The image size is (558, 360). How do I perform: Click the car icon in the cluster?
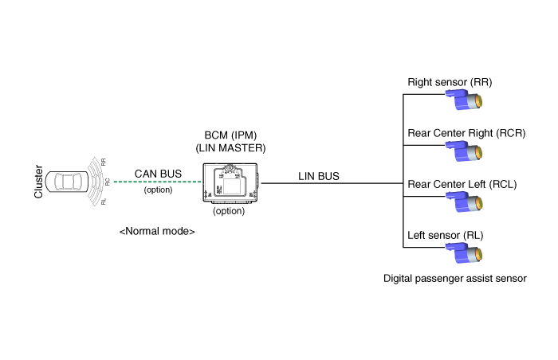pos(69,182)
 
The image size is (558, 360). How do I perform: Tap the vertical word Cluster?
pos(37,182)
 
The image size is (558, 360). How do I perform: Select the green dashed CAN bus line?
pos(157,182)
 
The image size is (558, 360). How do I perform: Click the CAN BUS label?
pos(157,173)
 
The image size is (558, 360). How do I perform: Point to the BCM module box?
pos(231,183)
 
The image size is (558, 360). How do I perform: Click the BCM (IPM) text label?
pos(231,135)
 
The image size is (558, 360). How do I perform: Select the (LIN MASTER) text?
pos(231,148)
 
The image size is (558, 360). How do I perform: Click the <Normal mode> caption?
pos(157,231)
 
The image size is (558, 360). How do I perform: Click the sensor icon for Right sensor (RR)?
pos(465,101)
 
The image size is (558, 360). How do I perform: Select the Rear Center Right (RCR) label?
pos(466,133)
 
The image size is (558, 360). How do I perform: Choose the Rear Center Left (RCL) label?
pos(462,185)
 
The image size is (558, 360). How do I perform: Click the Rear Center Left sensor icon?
pos(465,202)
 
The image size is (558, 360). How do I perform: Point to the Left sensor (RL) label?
pos(445,235)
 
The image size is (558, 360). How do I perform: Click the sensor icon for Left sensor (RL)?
pos(465,253)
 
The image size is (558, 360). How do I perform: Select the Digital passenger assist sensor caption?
pos(455,279)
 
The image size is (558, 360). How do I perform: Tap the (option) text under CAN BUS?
pos(157,190)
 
